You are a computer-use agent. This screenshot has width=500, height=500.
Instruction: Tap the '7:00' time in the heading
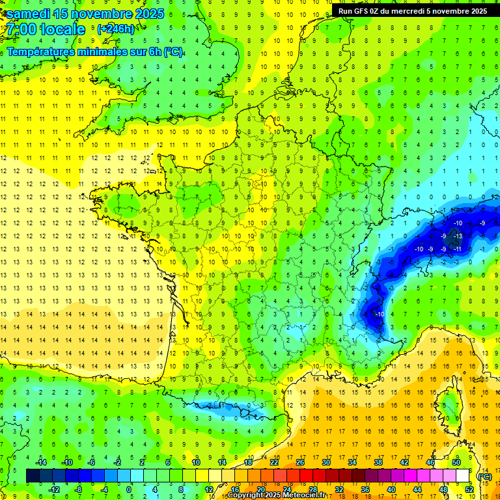[21, 30]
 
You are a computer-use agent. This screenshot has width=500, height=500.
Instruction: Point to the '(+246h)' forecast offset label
[115, 29]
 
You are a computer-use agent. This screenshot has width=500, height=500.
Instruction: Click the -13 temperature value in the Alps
[458, 236]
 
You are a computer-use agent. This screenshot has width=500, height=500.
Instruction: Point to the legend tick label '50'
[456, 462]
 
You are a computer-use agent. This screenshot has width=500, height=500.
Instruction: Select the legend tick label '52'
[469, 490]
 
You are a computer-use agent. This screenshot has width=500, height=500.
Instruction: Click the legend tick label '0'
[129, 490]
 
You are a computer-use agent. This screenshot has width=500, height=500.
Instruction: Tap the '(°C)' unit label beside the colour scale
[484, 477]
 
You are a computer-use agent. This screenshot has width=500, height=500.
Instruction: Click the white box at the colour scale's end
[463, 476]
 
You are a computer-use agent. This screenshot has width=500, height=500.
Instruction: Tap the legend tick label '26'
[300, 462]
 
